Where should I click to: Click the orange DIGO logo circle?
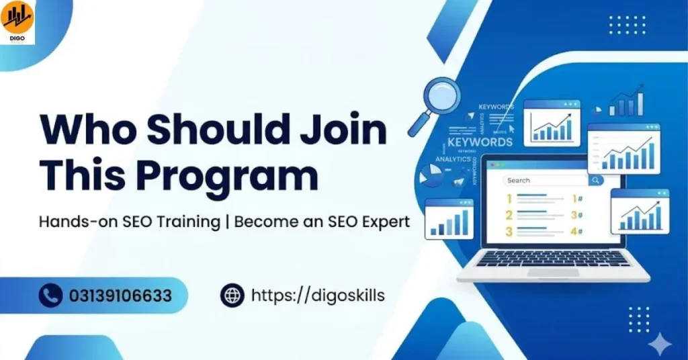17,18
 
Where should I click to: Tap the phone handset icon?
50,295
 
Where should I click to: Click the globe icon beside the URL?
232,295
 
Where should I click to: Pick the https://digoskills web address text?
318,295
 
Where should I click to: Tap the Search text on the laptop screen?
519,180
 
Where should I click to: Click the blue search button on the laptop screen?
595,180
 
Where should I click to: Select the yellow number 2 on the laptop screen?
509,215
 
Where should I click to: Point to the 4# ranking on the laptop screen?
576,232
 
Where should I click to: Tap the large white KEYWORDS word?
480,142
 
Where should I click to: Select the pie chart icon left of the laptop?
431,176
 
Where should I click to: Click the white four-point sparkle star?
661,345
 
